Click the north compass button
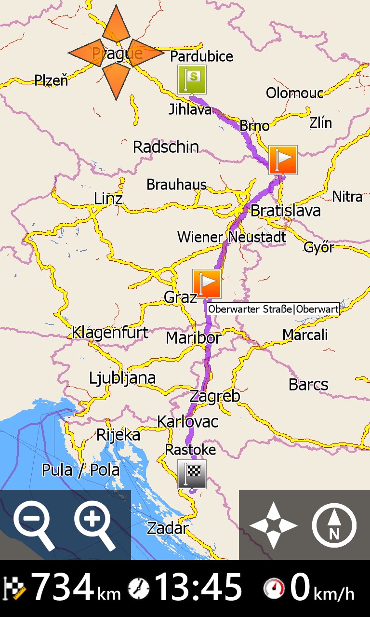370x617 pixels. click(334, 525)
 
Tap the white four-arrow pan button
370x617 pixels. click(273, 525)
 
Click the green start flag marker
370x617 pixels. click(192, 80)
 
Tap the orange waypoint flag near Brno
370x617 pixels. click(283, 160)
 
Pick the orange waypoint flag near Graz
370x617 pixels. click(207, 283)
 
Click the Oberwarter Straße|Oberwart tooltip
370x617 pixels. click(273, 309)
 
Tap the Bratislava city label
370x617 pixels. click(285, 211)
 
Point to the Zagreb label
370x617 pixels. click(214, 396)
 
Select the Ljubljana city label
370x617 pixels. click(122, 378)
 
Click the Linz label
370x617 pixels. click(108, 199)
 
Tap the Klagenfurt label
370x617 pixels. click(110, 333)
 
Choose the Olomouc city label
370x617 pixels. click(294, 93)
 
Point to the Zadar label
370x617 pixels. click(167, 528)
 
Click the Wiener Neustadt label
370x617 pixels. click(232, 237)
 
